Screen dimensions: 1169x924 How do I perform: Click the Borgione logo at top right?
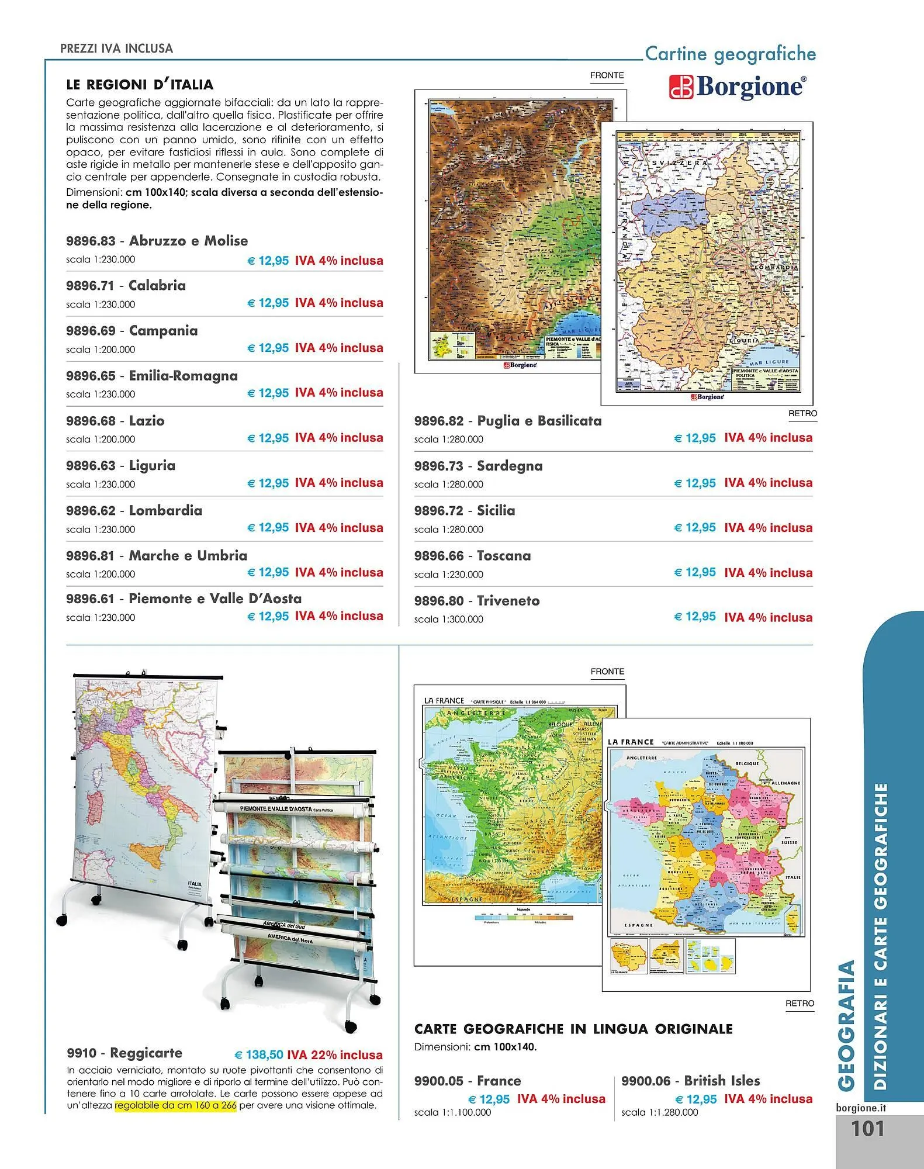pos(738,87)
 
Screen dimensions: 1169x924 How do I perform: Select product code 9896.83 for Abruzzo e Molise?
pos(91,241)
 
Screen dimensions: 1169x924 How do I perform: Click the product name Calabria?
pos(157,286)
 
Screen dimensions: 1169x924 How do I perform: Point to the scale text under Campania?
pos(101,350)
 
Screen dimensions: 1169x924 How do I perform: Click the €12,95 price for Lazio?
pos(268,438)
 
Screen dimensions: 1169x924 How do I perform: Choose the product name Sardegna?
pos(510,466)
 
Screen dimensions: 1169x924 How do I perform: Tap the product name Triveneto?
pos(508,601)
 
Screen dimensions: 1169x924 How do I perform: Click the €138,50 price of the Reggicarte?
pos(258,1055)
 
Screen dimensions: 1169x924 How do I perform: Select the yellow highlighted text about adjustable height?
pos(175,1106)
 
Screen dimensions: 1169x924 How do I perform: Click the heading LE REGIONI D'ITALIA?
pos(140,85)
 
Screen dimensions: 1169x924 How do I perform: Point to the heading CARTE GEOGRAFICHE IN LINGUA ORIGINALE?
pos(573,1029)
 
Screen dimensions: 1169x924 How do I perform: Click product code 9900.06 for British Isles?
pos(646,1081)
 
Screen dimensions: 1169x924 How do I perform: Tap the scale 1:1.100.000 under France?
pos(452,1112)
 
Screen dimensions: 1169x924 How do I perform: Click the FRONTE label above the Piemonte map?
pos(607,75)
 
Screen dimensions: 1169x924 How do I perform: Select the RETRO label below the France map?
pos(800,1003)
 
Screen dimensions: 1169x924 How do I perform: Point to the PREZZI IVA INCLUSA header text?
pos(116,49)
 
